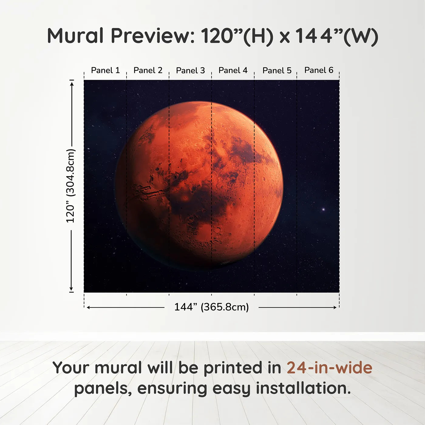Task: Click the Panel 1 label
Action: point(105,70)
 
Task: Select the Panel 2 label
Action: point(148,70)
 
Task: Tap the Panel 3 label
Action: point(190,70)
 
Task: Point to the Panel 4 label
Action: point(233,70)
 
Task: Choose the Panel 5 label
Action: point(277,70)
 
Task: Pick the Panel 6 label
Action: point(319,70)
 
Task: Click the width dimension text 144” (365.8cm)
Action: point(211,307)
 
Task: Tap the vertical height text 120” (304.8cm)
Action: point(70,186)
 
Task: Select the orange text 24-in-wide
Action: point(329,368)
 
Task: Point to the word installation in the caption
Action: point(303,388)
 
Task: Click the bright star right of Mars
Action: point(323,209)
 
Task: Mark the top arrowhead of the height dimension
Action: point(72,83)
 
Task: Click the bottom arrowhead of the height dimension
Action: point(72,289)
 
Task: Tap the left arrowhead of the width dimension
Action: point(88,308)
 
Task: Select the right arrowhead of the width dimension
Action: point(335,308)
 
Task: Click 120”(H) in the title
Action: point(237,36)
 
